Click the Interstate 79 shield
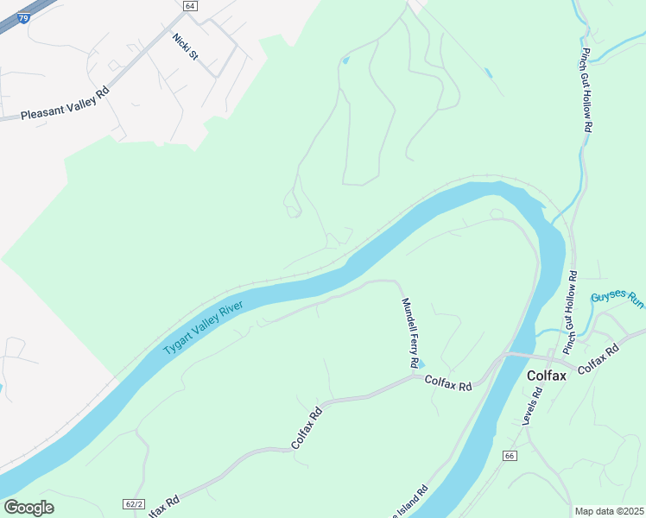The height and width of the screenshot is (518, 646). [22, 16]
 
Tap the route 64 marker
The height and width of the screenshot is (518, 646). [190, 5]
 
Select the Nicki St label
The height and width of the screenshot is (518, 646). [185, 47]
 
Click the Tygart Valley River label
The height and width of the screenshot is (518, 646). [205, 326]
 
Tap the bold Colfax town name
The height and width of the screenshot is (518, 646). [547, 376]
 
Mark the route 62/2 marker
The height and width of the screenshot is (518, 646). [134, 503]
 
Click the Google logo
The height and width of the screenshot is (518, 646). [28, 508]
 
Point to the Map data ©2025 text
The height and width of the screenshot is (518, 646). [609, 511]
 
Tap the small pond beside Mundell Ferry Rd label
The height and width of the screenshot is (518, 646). [421, 363]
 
